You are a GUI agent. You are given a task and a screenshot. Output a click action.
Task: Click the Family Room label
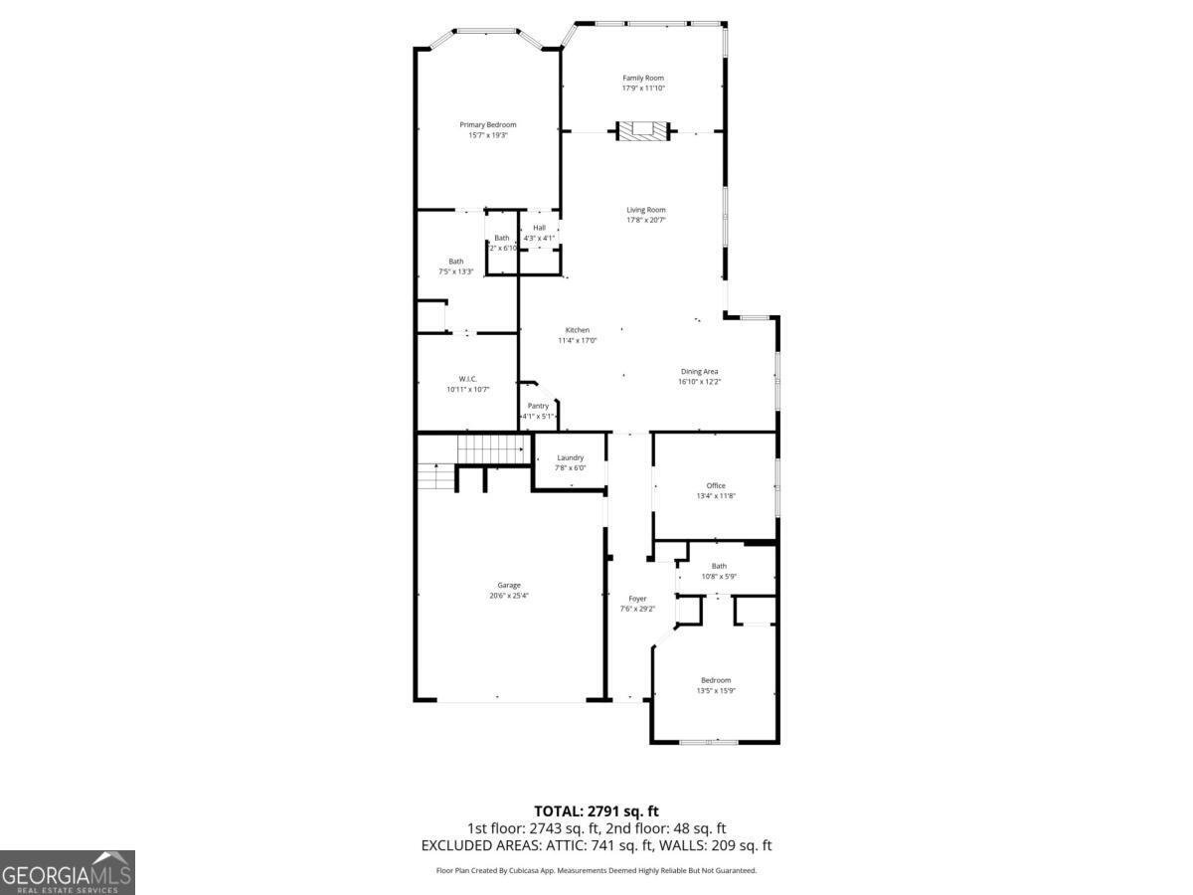[x=643, y=78]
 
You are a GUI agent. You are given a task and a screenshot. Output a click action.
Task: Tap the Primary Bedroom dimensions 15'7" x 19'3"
[x=488, y=135]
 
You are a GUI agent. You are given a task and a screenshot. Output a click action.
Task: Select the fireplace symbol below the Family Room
[x=643, y=130]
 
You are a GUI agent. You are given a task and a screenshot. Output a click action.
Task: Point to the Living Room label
[x=646, y=210]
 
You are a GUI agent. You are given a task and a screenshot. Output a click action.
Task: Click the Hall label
[x=539, y=228]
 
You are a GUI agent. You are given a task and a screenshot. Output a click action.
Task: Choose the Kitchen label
[x=578, y=330]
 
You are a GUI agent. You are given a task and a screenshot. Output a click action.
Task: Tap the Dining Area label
[x=700, y=372]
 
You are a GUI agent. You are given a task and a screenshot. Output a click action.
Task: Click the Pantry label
[x=538, y=406]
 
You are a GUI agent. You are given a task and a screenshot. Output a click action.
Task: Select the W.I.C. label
[x=468, y=379]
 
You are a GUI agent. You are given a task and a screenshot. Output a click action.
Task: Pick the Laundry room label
[x=570, y=457]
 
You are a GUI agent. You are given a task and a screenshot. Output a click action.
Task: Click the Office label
[x=716, y=485]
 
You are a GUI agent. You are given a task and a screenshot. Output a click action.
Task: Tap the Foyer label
[x=637, y=599]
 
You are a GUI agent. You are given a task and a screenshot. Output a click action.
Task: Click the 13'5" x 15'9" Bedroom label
[x=716, y=680]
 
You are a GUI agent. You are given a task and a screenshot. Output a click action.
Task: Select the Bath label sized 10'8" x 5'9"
[x=719, y=566]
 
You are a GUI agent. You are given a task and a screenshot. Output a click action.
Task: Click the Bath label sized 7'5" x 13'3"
[x=455, y=262]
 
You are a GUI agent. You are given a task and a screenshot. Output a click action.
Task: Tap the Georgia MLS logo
[x=68, y=872]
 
